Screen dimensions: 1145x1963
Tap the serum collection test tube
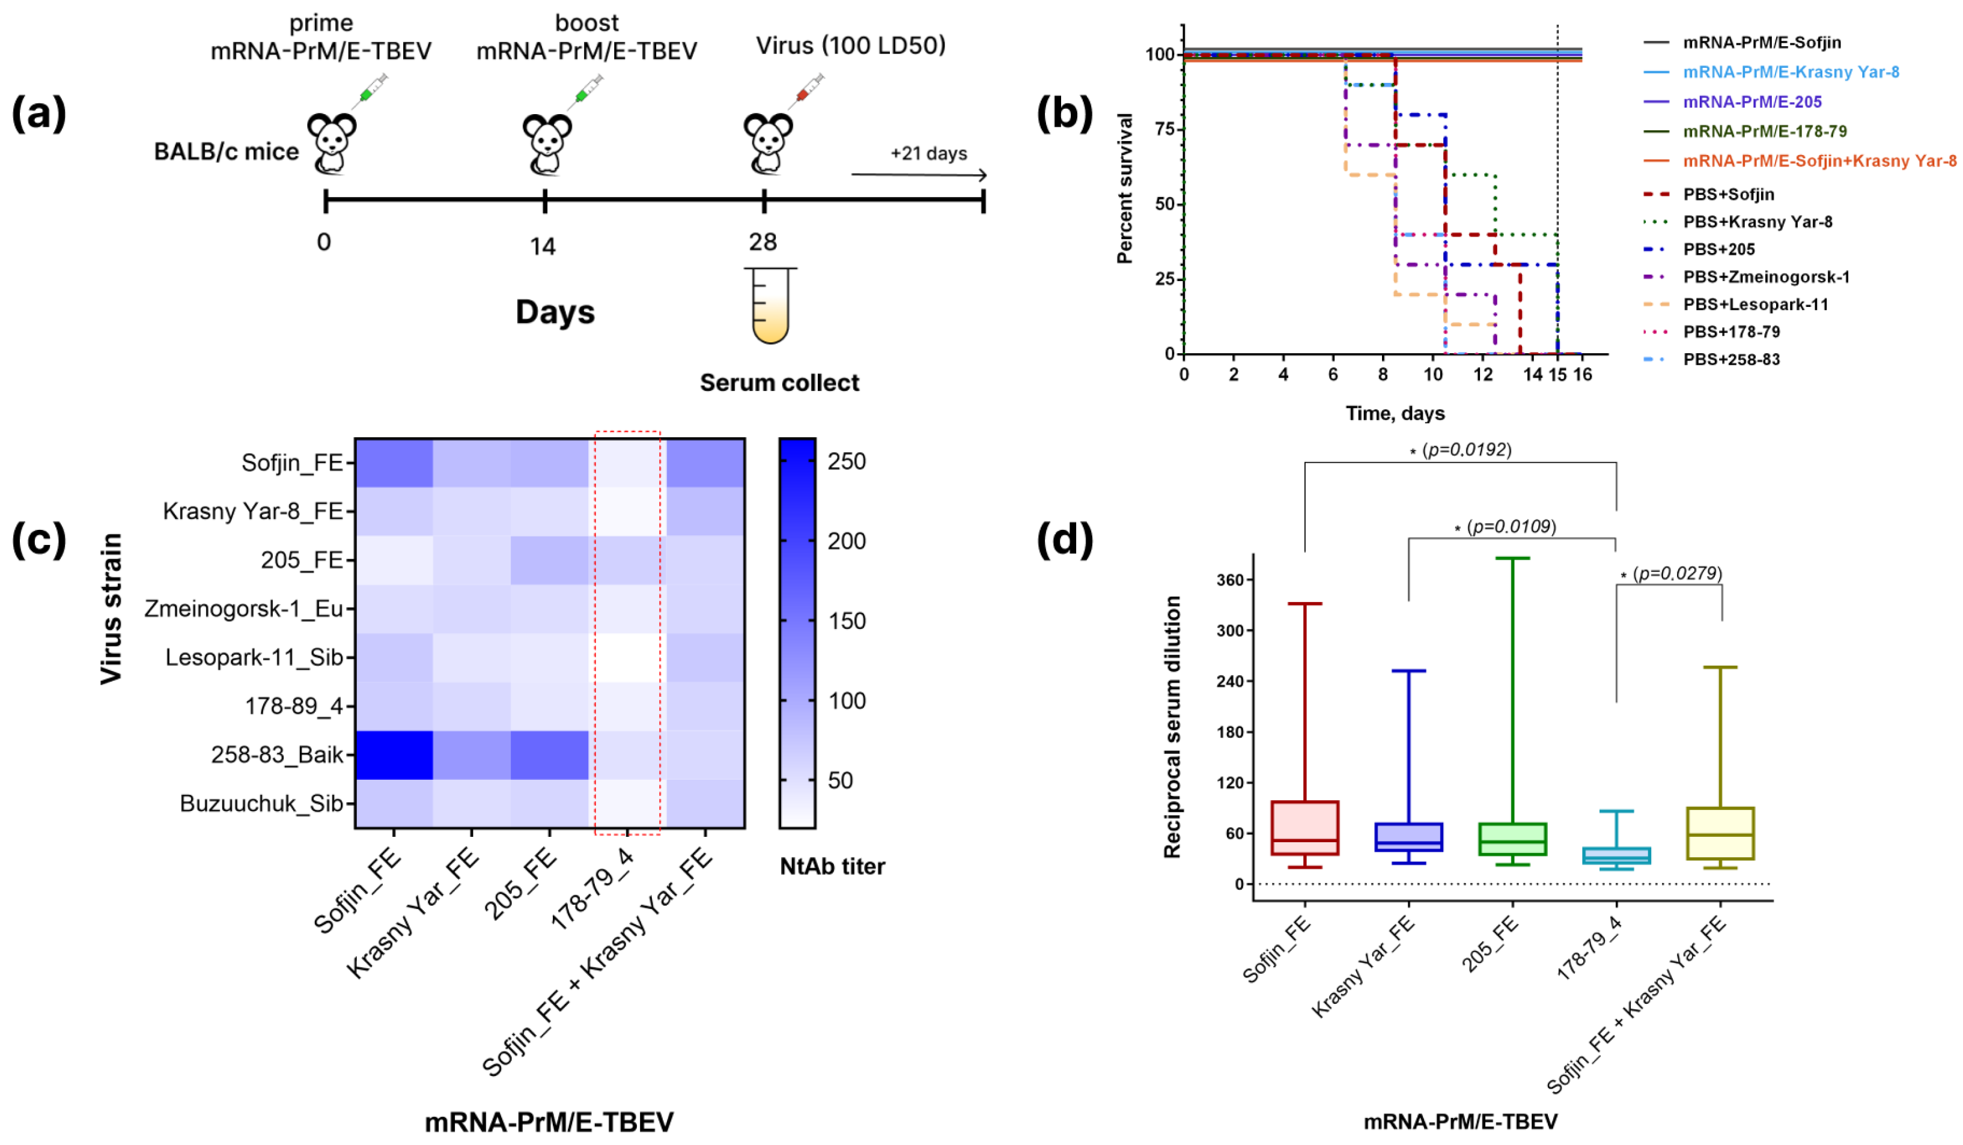pos(770,305)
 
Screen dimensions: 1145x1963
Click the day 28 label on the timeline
pos(762,242)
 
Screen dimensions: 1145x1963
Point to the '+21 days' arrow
pos(919,174)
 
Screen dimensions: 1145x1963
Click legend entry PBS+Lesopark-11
pos(1755,305)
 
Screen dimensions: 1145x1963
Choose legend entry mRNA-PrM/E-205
pos(1752,102)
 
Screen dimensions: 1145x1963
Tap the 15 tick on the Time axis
pos(1557,375)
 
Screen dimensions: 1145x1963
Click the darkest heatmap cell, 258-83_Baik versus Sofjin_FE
pos(394,755)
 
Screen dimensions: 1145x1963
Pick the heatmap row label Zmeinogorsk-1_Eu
pos(244,609)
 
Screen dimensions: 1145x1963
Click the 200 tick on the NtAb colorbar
pos(846,541)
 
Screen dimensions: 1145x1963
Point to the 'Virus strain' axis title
pos(111,609)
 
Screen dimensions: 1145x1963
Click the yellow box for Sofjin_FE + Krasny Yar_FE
pos(1720,833)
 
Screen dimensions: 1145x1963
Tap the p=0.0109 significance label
pos(1511,527)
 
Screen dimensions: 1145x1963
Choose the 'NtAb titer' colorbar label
pos(832,866)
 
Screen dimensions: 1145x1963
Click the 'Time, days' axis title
pos(1395,413)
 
